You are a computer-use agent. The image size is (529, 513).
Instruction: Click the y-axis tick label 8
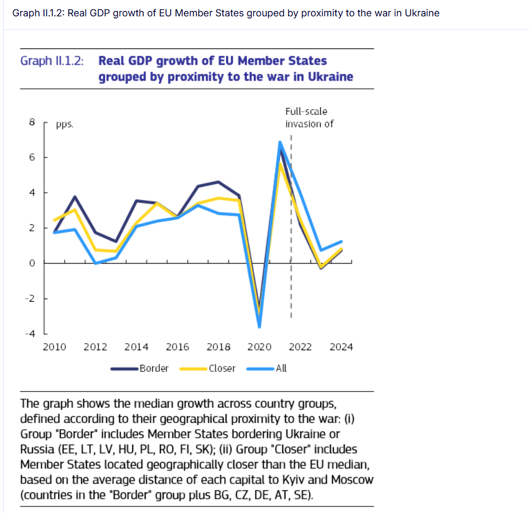point(32,123)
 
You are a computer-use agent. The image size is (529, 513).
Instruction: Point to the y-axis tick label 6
point(32,157)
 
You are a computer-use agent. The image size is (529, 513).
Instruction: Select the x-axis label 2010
point(54,347)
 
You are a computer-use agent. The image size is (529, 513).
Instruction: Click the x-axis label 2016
point(177,347)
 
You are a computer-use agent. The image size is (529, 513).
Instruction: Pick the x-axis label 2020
point(259,347)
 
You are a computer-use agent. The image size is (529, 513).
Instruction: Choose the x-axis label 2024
point(341,347)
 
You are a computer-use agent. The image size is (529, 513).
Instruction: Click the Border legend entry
point(154,369)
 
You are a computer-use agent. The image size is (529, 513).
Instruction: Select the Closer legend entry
point(222,369)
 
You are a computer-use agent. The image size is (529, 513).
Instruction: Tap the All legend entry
point(281,369)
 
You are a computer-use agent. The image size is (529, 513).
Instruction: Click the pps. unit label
point(64,125)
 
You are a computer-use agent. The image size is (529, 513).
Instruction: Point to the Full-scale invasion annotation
point(308,118)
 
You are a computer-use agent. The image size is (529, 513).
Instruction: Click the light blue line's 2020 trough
point(259,326)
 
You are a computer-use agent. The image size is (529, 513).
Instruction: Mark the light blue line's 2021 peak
point(279,143)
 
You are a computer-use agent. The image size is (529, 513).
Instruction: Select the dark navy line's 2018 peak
point(218,182)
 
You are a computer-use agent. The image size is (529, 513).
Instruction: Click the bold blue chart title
point(225,69)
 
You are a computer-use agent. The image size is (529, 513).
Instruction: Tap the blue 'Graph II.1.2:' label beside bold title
point(52,60)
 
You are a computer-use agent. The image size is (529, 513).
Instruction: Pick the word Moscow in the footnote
point(352,480)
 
